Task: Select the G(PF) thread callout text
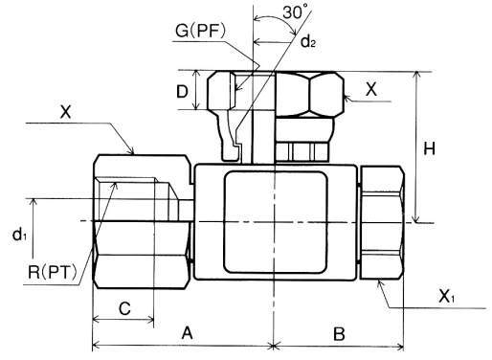[200, 31]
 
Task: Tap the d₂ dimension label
[308, 41]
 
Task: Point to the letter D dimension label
[182, 92]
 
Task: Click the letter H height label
[429, 148]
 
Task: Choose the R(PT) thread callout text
[53, 273]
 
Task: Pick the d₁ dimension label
[19, 235]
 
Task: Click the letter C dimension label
[124, 308]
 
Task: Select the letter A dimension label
[188, 334]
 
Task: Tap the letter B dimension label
[339, 334]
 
